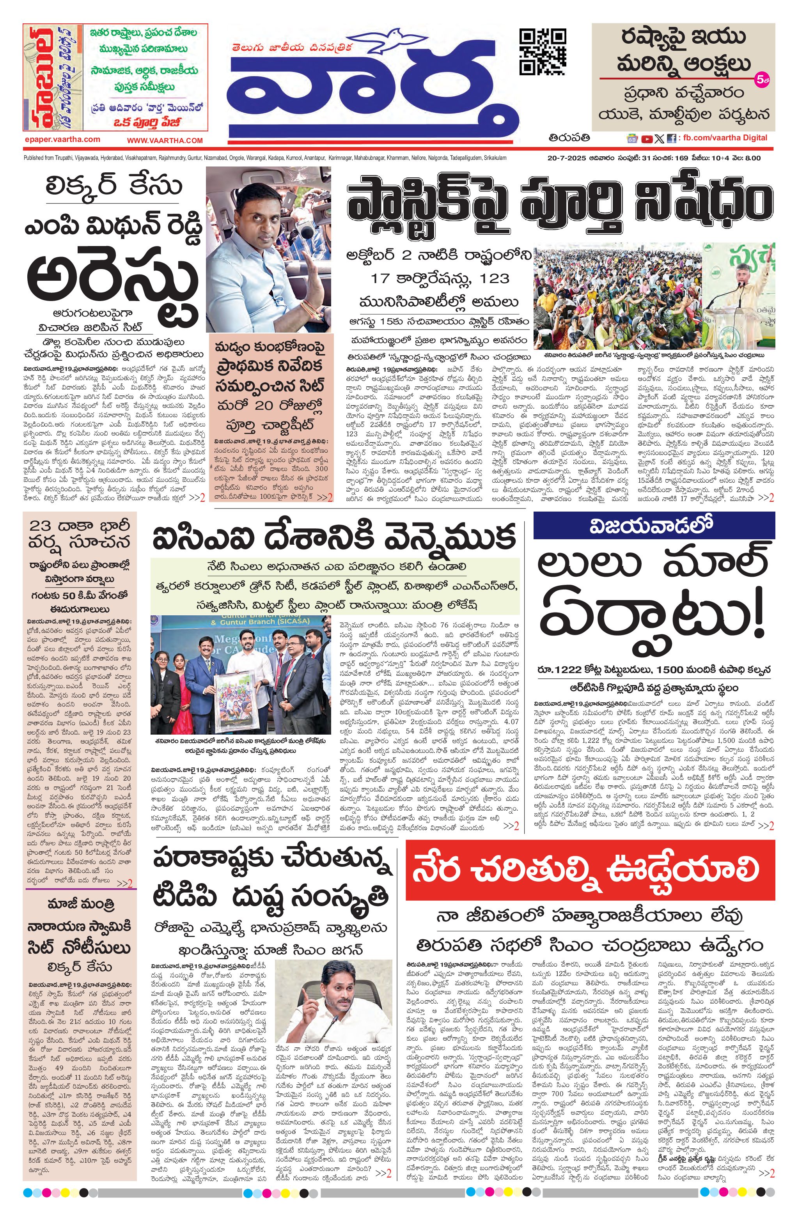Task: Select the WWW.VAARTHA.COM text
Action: pos(165,140)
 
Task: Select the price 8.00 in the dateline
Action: pos(750,158)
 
